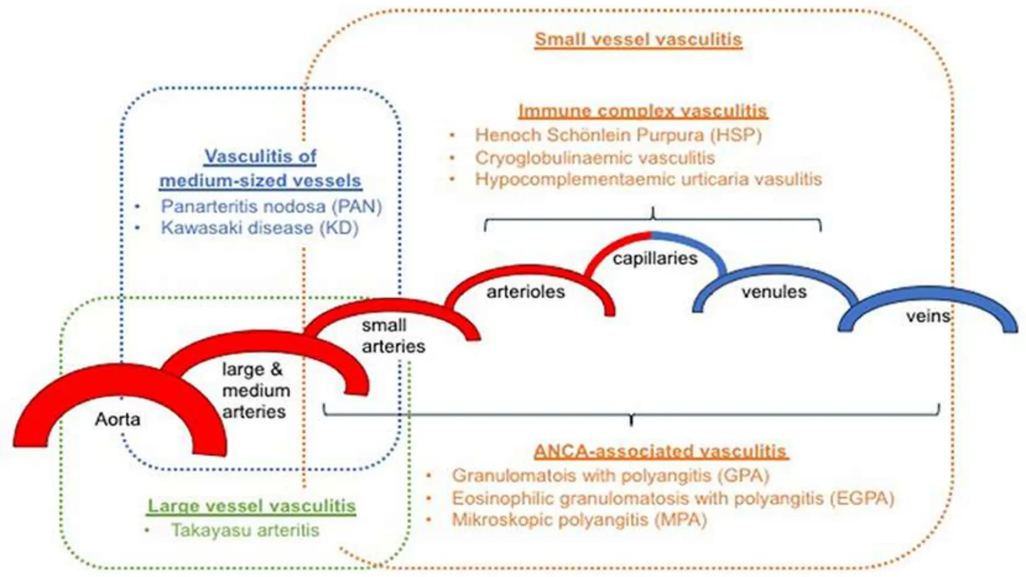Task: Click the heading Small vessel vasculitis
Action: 638,39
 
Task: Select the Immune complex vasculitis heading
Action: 643,111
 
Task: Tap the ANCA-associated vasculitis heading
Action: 660,451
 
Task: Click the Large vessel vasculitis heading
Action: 251,506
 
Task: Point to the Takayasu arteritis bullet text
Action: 245,530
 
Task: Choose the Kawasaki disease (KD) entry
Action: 260,228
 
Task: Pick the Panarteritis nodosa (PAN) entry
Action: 271,206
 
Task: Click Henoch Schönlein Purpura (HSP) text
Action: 618,135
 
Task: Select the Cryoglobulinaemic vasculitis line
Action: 595,158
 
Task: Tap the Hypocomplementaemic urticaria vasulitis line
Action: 648,179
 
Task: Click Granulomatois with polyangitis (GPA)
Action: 610,475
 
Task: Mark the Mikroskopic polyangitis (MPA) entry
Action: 579,520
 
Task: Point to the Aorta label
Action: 118,419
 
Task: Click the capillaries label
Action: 655,258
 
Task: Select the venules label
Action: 774,292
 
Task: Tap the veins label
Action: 928,316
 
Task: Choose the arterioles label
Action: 526,292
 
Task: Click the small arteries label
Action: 393,336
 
